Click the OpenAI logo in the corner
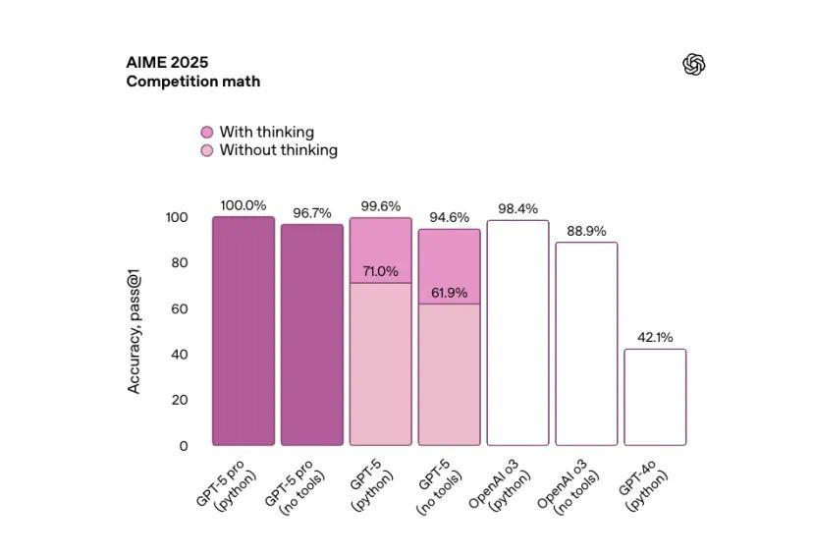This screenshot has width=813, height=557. (694, 65)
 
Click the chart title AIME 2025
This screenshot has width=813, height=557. (167, 63)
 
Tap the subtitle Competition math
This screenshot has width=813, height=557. (192, 82)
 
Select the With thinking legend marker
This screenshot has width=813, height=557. (207, 133)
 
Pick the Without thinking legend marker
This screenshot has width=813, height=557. (207, 150)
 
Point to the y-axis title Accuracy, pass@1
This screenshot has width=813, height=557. (134, 331)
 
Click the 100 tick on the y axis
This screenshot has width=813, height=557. (176, 217)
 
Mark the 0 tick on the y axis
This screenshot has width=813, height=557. (184, 446)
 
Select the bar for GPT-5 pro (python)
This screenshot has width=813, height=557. (244, 331)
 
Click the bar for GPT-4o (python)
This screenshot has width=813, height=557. (655, 397)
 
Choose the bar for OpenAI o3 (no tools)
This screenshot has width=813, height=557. (586, 344)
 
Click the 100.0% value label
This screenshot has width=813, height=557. (243, 205)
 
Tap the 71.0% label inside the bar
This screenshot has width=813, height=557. (380, 271)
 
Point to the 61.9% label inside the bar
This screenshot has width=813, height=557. (449, 293)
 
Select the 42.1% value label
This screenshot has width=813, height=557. (655, 338)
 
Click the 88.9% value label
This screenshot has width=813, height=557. (586, 231)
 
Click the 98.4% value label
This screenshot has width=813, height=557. (517, 209)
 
